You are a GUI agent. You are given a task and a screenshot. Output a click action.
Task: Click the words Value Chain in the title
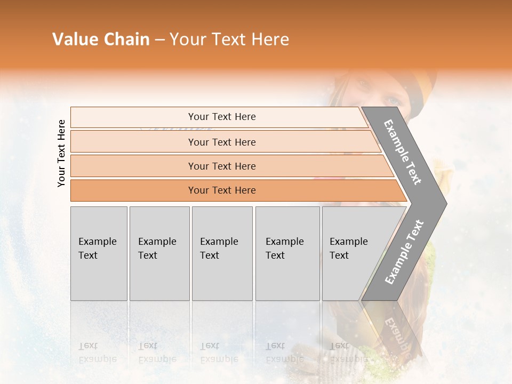tap(101, 39)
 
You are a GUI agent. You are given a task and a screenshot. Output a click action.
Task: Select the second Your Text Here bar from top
tap(222, 142)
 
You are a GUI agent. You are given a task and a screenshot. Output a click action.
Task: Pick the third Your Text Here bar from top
tap(222, 166)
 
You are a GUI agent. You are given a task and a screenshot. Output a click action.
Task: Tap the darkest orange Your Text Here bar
tap(222, 190)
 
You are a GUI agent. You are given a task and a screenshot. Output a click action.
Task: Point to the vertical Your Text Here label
tap(61, 153)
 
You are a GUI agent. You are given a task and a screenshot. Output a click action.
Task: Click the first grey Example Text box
tap(99, 253)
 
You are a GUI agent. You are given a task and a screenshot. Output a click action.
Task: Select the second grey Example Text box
tap(159, 253)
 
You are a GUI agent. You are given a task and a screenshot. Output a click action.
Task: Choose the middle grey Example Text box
tap(222, 253)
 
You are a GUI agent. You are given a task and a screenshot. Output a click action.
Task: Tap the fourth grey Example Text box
tap(287, 253)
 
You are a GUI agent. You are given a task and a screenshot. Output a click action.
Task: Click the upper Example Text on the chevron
tap(403, 152)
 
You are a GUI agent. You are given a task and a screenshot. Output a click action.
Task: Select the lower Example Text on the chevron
tap(404, 252)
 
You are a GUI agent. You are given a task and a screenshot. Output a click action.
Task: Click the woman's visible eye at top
tap(393, 101)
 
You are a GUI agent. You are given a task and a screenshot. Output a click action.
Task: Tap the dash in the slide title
tap(159, 39)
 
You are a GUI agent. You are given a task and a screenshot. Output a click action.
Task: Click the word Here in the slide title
tap(270, 39)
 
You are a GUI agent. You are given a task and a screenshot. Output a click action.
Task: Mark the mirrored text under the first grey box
tap(97, 352)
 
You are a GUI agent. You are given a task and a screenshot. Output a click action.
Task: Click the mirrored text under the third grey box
tap(219, 352)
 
